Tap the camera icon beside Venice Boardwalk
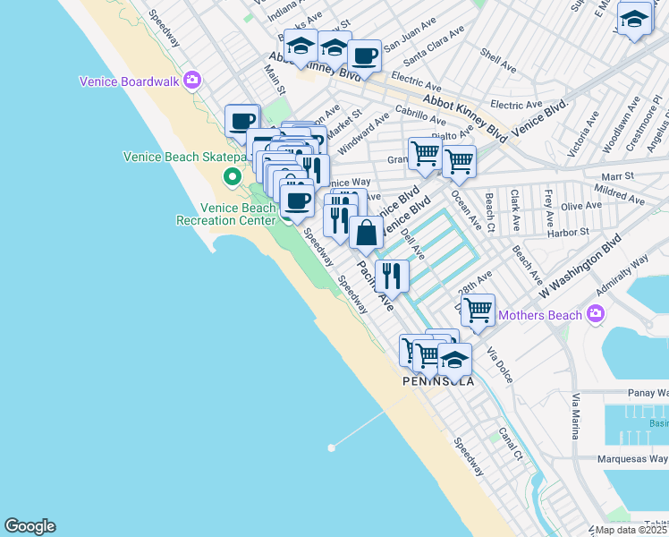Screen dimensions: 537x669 tap(191, 81)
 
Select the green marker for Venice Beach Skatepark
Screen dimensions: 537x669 tap(232, 175)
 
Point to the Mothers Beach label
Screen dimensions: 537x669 tap(540, 314)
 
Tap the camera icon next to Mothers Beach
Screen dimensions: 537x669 tap(596, 314)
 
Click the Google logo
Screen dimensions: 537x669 tap(30, 526)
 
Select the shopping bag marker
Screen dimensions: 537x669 tap(367, 234)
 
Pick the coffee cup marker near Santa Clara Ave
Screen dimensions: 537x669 tap(364, 56)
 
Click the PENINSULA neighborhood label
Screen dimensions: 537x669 tap(438, 380)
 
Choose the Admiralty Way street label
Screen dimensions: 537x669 tap(624, 269)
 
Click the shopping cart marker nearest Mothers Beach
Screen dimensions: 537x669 tap(478, 310)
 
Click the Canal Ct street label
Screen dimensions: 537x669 tap(511, 443)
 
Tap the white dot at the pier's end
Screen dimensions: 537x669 tap(331, 447)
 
